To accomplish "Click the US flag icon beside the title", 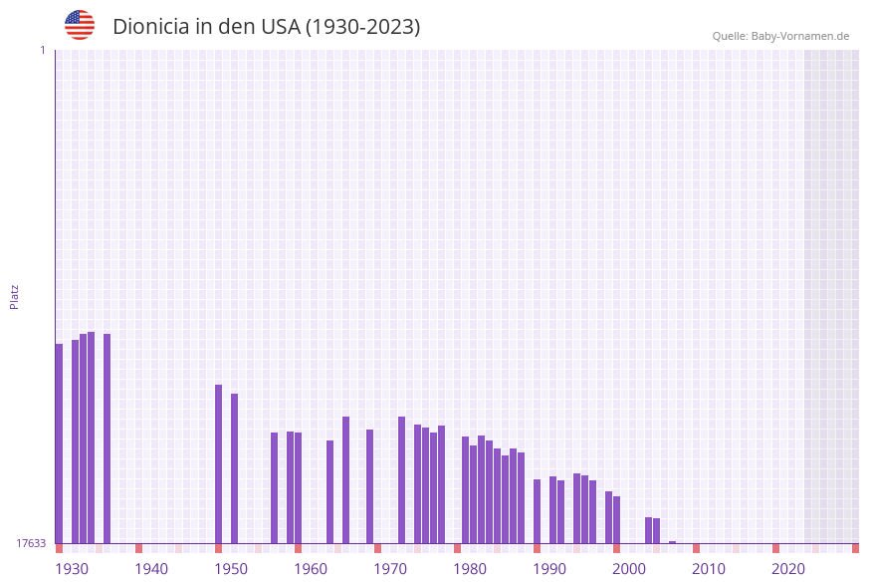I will (x=80, y=25).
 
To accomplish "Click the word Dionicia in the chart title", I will (x=150, y=27).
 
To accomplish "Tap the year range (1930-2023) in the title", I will (x=362, y=27).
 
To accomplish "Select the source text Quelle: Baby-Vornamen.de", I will (x=780, y=36).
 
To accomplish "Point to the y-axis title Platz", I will (x=15, y=296).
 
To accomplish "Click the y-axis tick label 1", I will (x=42, y=50).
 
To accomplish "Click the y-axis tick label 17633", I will (x=31, y=543).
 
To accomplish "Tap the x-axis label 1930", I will (x=72, y=569).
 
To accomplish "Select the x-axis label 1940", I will (x=151, y=569).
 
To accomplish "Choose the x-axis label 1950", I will (x=231, y=569).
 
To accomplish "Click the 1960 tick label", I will (x=311, y=569).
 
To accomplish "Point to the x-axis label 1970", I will (x=390, y=569).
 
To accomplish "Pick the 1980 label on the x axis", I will (x=470, y=569).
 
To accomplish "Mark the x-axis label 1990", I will (x=549, y=569).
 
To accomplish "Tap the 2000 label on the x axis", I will (x=629, y=569).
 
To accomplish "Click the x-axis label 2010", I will (x=709, y=569).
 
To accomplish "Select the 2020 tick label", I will (x=788, y=569).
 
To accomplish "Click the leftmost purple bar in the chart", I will (x=59, y=443).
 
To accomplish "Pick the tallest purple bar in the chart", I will (x=91, y=438).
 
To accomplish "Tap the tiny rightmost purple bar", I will (x=672, y=542).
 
